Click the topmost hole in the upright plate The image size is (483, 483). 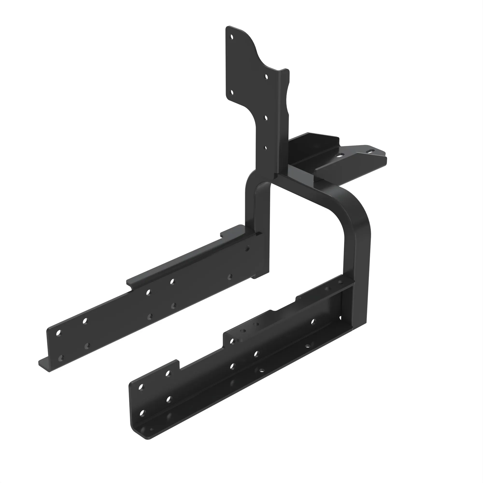232,37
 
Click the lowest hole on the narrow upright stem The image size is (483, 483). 265,148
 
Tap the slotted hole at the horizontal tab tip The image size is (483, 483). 370,151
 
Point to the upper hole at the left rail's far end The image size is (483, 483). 58,333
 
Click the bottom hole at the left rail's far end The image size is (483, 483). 60,358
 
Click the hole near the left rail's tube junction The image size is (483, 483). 247,249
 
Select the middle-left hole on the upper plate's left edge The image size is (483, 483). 232,93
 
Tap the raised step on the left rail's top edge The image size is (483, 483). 231,230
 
